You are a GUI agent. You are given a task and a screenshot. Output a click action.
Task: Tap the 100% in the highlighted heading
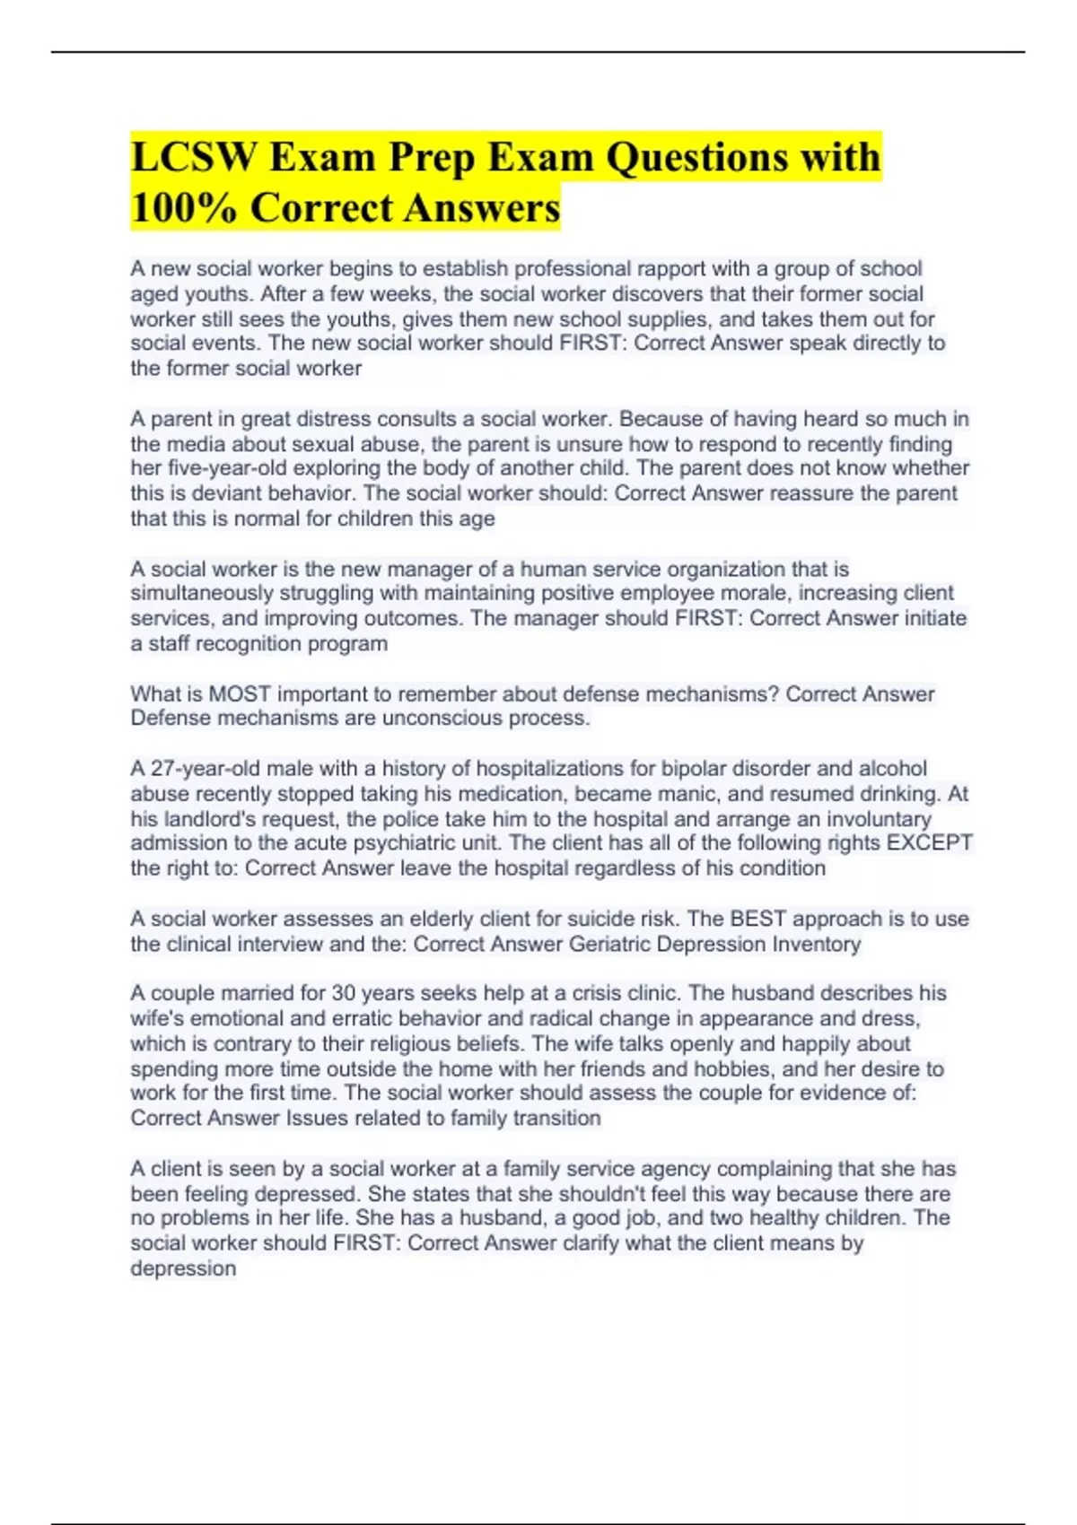[x=183, y=208]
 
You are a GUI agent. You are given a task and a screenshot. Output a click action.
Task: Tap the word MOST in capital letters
[x=239, y=694]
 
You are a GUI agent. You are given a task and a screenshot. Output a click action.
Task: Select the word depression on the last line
[x=183, y=1268]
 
